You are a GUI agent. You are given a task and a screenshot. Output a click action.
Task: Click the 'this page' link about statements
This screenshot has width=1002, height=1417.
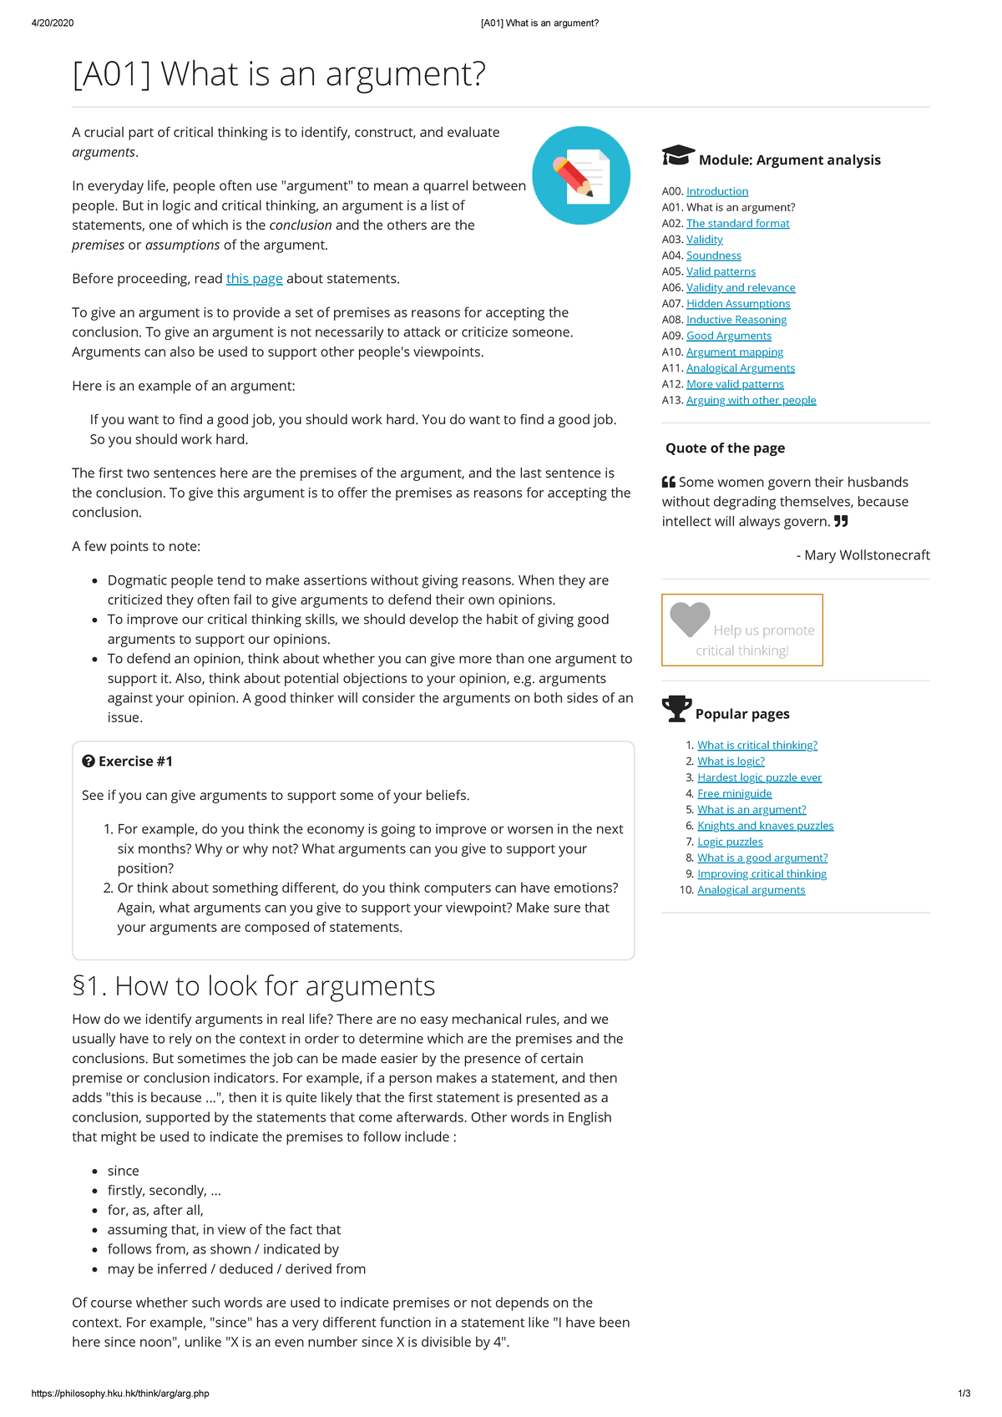254,279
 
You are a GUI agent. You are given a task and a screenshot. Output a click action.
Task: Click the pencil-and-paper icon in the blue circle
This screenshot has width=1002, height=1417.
581,175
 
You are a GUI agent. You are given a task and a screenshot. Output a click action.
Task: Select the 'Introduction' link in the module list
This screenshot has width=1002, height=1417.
716,191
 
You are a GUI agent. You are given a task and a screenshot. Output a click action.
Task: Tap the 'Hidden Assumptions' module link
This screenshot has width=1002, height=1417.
737,304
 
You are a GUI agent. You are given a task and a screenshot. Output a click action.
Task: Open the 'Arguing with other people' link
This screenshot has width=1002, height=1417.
751,400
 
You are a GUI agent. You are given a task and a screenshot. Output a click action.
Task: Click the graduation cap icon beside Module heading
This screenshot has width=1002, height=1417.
677,156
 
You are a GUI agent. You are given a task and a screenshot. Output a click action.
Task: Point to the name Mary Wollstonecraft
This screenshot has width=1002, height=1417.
867,555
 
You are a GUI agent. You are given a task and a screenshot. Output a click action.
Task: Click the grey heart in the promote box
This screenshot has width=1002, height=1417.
690,619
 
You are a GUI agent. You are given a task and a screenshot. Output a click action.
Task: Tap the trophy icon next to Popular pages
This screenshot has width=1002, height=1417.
676,709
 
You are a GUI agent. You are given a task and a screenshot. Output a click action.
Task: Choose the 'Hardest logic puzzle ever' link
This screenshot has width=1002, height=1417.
759,777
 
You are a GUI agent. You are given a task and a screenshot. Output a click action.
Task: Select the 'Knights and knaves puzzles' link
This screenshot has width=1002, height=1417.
765,826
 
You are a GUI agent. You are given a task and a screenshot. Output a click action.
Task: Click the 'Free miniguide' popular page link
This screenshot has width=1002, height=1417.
734,793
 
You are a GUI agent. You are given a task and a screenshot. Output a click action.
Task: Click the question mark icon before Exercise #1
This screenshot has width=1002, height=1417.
88,762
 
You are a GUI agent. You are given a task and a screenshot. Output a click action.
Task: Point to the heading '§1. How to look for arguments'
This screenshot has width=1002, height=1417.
254,986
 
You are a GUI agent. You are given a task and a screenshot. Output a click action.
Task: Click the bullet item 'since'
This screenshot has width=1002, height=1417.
124,1171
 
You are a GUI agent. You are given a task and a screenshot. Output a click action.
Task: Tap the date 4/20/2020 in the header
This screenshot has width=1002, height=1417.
53,23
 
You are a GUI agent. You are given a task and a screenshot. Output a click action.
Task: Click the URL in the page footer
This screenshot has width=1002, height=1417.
120,1394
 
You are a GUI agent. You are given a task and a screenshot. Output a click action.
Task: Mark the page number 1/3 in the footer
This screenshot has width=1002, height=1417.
964,1394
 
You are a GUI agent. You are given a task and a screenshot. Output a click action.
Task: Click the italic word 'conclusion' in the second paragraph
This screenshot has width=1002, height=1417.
301,225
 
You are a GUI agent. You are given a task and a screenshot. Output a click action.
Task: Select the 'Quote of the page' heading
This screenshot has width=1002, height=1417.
725,448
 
